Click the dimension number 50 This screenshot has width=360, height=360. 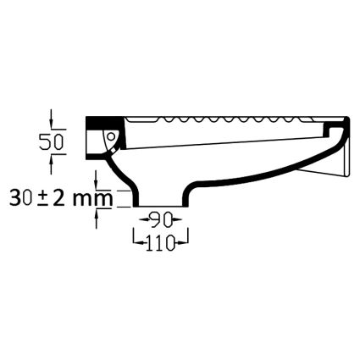tap(51, 141)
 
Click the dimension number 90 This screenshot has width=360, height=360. tap(161, 219)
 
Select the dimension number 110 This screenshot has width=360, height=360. tap(160, 242)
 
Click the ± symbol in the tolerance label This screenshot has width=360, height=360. tap(42, 198)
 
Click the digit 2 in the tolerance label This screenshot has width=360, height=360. tap(58, 197)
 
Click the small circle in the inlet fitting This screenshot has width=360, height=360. tap(111, 137)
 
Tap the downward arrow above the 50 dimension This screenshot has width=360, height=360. tap(51, 119)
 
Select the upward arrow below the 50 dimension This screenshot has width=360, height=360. tap(51, 164)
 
